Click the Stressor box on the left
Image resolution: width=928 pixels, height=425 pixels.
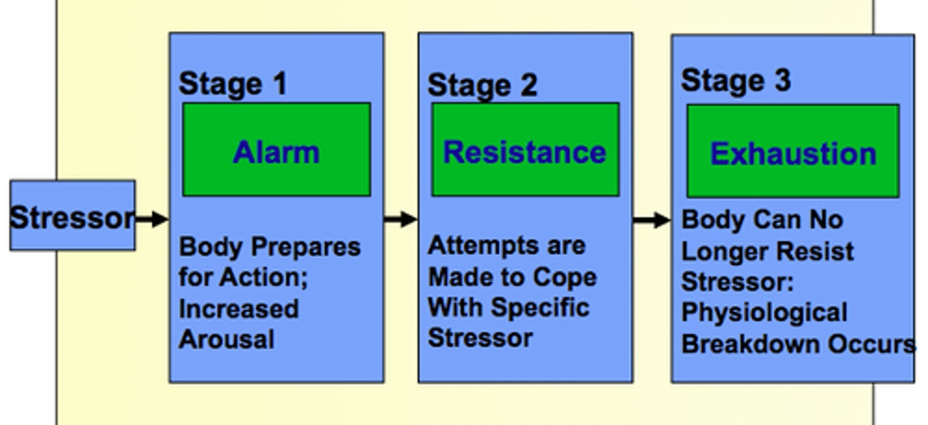click(72, 216)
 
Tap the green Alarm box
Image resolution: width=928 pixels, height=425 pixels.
click(276, 150)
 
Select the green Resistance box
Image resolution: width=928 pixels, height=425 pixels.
click(525, 150)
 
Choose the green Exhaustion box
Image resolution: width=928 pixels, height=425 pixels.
click(793, 152)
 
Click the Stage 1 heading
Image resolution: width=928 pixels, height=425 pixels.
click(233, 84)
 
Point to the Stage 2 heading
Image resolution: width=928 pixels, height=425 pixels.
click(482, 85)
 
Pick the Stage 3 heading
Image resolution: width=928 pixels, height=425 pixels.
click(735, 81)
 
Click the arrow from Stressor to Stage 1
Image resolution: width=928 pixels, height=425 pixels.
click(152, 219)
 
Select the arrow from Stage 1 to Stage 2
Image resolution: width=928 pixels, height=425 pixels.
click(401, 219)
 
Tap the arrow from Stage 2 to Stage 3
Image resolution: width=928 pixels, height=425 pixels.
click(652, 221)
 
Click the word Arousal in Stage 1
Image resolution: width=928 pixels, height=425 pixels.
click(226, 339)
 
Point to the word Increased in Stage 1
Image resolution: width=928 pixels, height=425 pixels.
click(238, 308)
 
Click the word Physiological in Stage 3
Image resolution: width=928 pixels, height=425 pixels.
click(764, 313)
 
